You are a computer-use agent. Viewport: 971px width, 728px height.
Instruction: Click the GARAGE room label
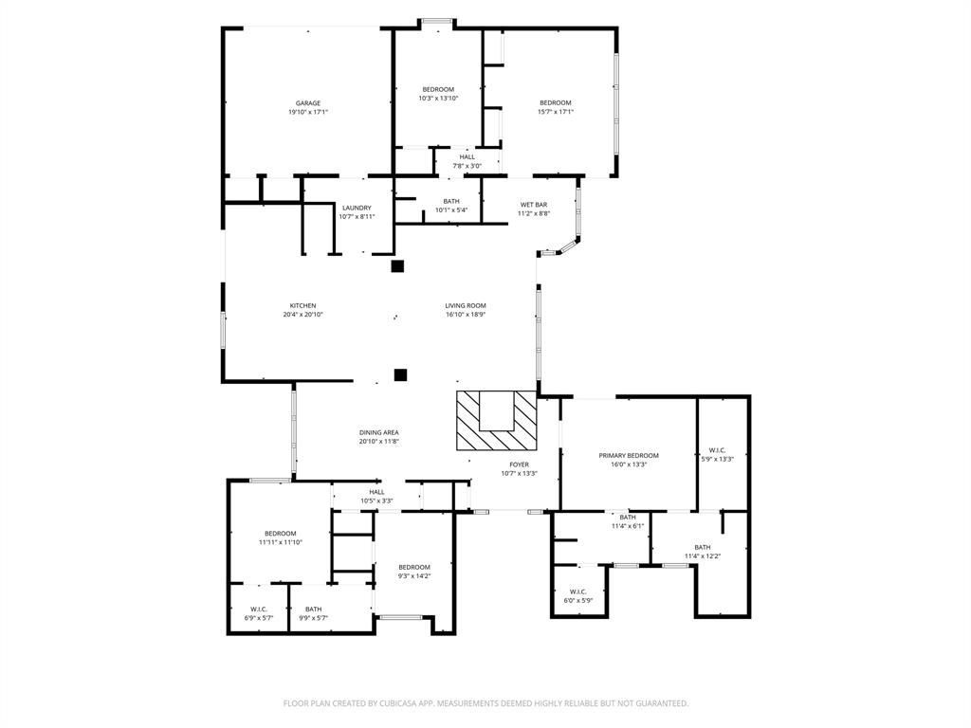pyautogui.click(x=308, y=103)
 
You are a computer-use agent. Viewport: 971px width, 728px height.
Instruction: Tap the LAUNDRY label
pyautogui.click(x=357, y=208)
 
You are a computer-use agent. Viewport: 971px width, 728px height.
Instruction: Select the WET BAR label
pyautogui.click(x=534, y=205)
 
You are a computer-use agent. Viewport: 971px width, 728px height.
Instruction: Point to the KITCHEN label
pyautogui.click(x=302, y=306)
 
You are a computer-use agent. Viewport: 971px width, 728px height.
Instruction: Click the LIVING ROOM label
pyautogui.click(x=466, y=306)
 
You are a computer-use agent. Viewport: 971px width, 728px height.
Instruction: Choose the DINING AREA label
pyautogui.click(x=379, y=432)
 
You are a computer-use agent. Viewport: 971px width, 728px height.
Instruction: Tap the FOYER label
pyautogui.click(x=519, y=464)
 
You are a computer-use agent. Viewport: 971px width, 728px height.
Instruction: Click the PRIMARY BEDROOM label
pyautogui.click(x=629, y=456)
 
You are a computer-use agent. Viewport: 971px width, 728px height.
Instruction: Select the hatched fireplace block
pyautogui.click(x=497, y=420)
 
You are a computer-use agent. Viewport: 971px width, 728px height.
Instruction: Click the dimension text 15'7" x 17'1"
pyautogui.click(x=556, y=112)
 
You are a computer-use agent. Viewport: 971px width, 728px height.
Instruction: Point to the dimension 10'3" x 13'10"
pyautogui.click(x=438, y=99)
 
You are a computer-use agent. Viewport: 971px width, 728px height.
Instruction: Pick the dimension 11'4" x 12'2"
pyautogui.click(x=703, y=556)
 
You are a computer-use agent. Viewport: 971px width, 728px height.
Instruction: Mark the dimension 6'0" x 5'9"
pyautogui.click(x=578, y=600)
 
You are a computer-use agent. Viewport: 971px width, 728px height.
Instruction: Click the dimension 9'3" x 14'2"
pyautogui.click(x=414, y=576)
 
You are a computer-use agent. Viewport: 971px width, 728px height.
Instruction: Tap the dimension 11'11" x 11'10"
pyautogui.click(x=281, y=542)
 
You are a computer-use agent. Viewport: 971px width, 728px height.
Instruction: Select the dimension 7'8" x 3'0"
pyautogui.click(x=467, y=166)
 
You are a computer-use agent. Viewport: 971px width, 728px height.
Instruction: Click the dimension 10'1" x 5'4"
pyautogui.click(x=451, y=209)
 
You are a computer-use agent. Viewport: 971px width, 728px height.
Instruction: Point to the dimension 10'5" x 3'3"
pyautogui.click(x=376, y=500)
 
